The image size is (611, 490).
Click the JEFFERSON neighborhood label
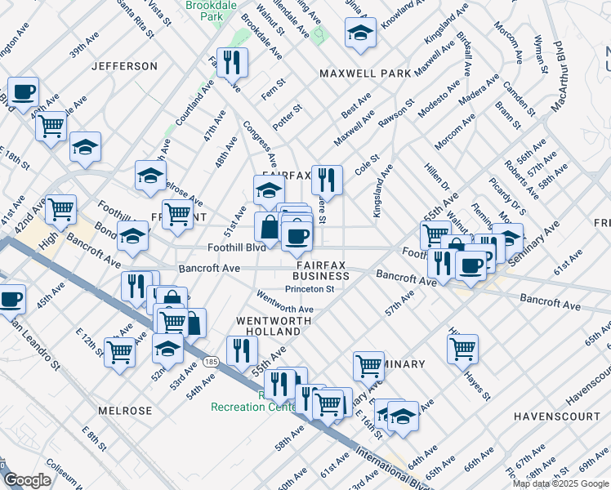click(124, 66)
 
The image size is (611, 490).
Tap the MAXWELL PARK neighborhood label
click(365, 73)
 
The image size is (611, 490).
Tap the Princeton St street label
click(308, 289)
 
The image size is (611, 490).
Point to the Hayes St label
click(476, 386)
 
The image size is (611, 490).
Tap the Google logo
click(28, 480)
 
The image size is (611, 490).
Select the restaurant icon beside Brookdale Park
click(232, 62)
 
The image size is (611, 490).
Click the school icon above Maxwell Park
click(360, 33)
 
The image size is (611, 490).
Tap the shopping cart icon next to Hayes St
click(462, 348)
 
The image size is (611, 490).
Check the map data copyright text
click(561, 483)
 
